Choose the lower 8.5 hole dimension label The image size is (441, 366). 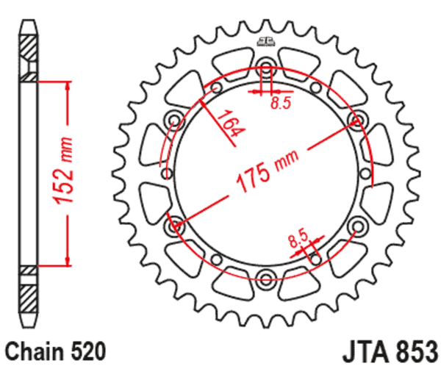pyautogui.click(x=297, y=238)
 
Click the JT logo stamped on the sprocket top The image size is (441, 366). pyautogui.click(x=265, y=43)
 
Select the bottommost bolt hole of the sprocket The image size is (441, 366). pyautogui.click(x=265, y=276)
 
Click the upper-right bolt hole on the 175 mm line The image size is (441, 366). pyautogui.click(x=358, y=120)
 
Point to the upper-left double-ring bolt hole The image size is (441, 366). pyautogui.click(x=175, y=121)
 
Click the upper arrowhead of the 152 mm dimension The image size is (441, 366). pyautogui.click(x=68, y=84)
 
